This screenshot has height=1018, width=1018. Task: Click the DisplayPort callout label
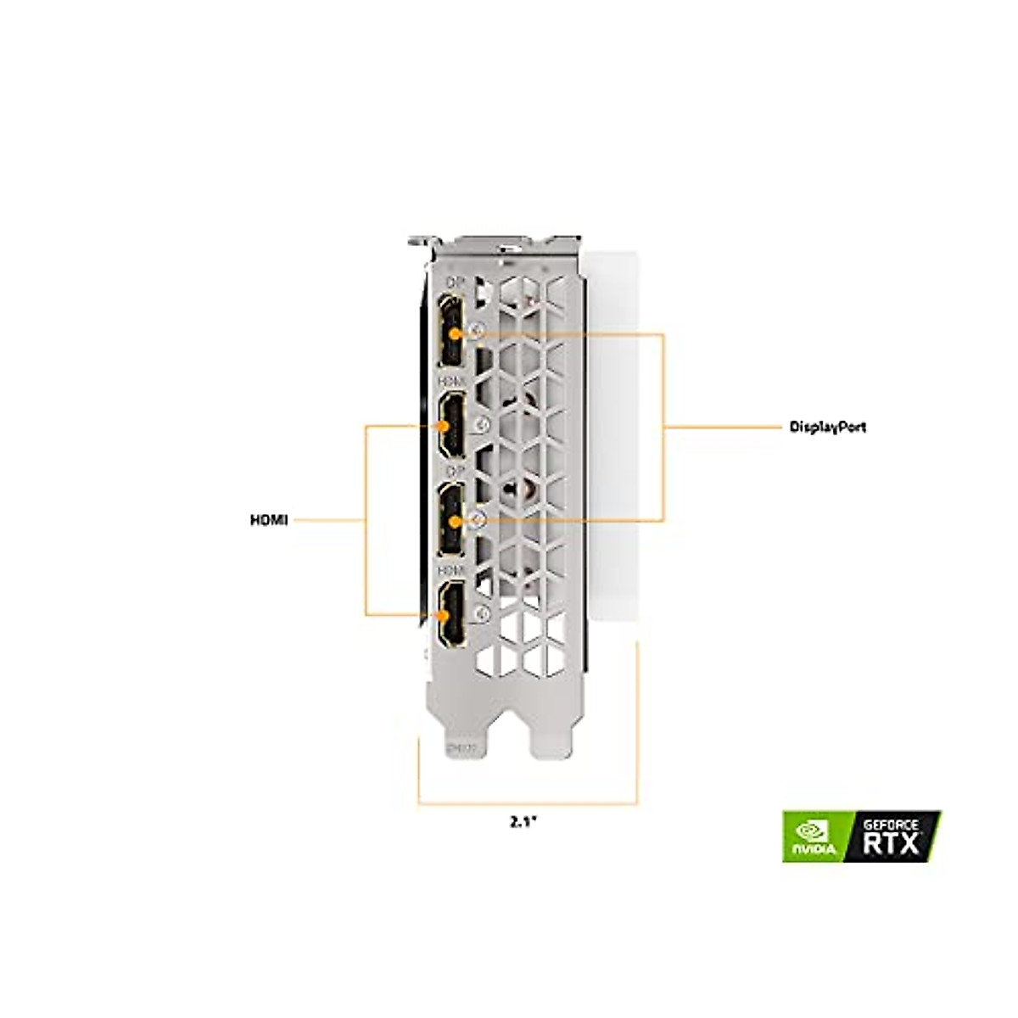click(828, 428)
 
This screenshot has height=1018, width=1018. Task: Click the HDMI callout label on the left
click(269, 519)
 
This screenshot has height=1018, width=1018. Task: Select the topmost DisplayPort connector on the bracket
click(451, 332)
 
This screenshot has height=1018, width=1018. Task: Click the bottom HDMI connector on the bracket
click(451, 614)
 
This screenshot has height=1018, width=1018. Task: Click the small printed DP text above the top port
click(454, 282)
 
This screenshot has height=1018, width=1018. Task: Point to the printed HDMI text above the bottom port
click(451, 568)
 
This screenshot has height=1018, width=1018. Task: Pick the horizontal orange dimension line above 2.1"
click(526, 803)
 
